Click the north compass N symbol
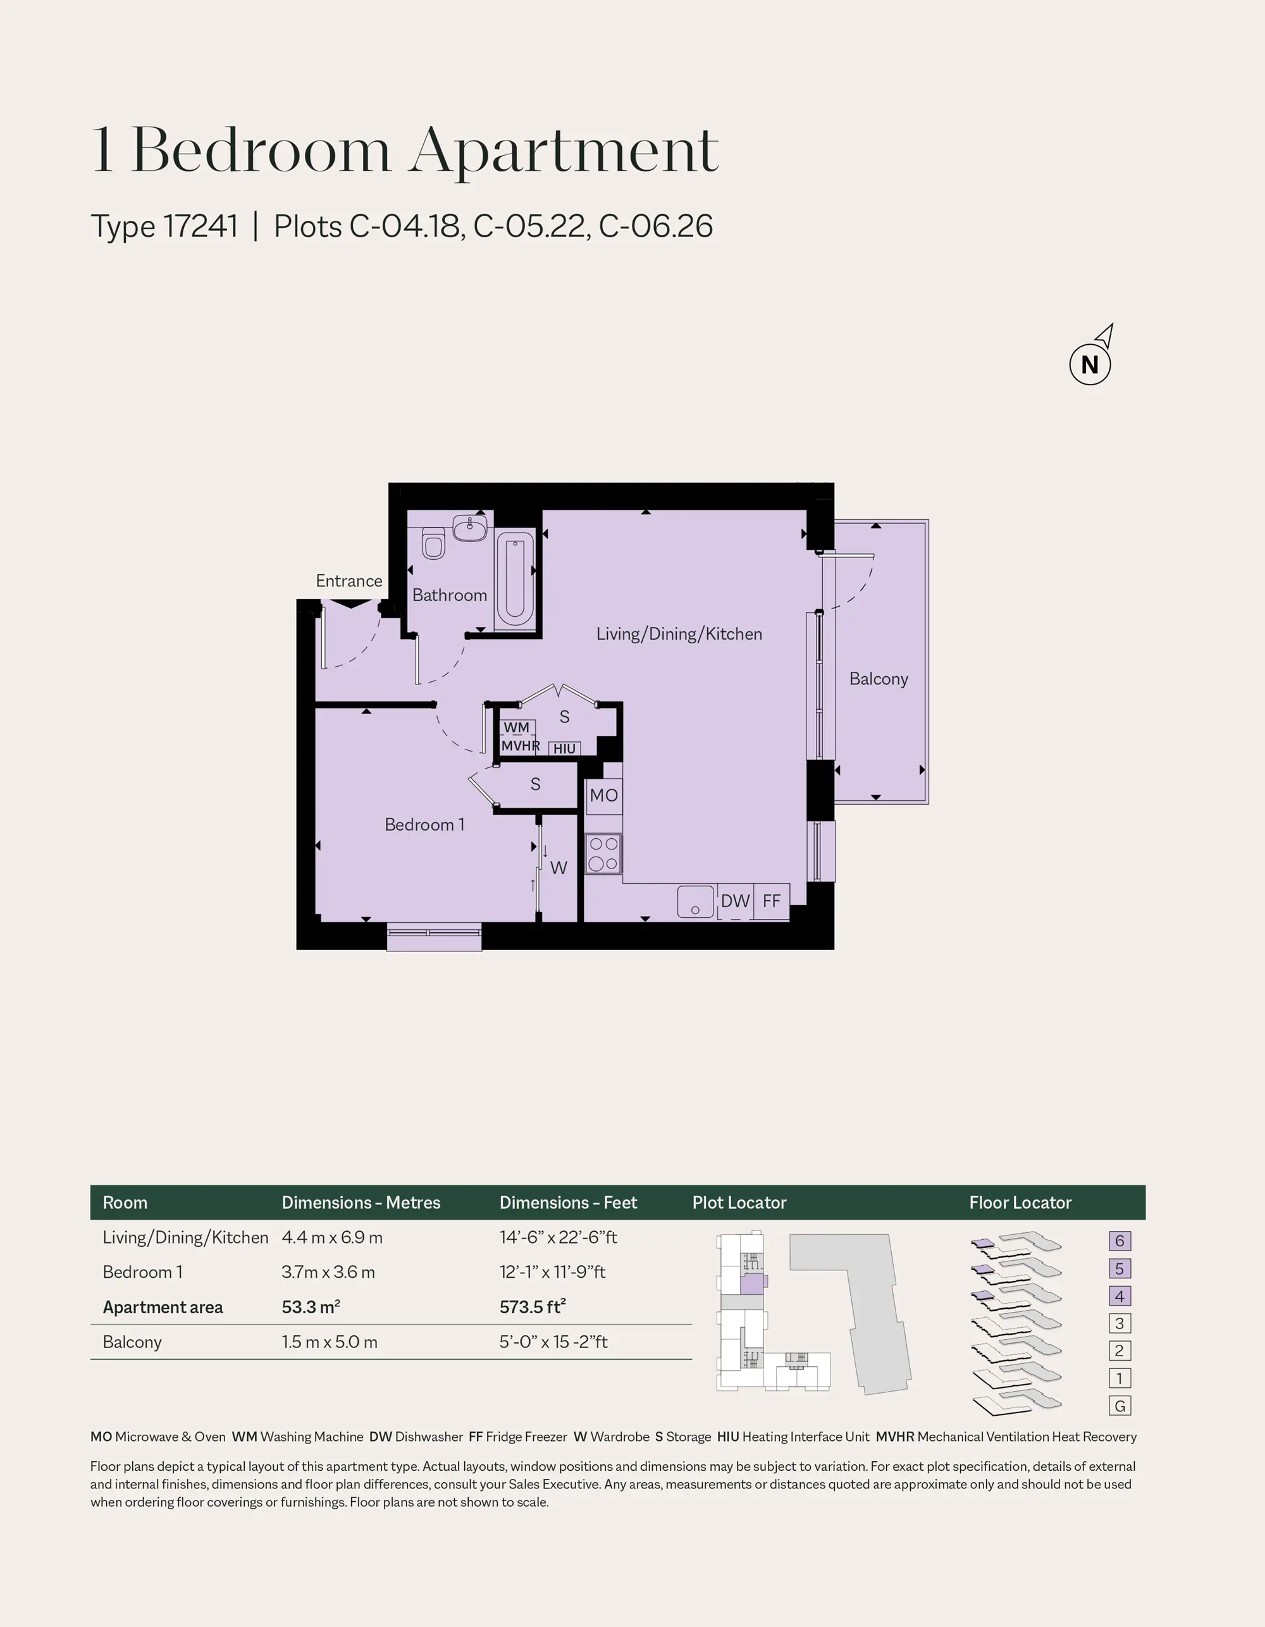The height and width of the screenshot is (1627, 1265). point(1090,364)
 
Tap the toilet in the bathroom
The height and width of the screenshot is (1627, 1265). point(433,543)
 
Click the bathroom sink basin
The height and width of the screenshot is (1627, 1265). point(469,528)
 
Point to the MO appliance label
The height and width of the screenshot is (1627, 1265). point(603,795)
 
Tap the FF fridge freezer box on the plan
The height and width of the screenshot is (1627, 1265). point(772,901)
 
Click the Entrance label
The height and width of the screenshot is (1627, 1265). point(349,581)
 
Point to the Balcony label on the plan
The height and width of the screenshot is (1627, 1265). point(879,679)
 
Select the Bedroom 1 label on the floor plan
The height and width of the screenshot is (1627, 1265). point(424,825)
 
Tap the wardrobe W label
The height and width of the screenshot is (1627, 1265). point(558,867)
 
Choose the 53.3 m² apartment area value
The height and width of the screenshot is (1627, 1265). point(311,1307)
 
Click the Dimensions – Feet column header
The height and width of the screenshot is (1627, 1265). point(569,1203)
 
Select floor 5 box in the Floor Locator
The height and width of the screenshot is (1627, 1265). point(1119,1269)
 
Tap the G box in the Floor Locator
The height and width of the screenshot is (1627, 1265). point(1119,1406)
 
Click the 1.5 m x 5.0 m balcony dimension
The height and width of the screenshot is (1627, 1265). point(330,1342)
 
